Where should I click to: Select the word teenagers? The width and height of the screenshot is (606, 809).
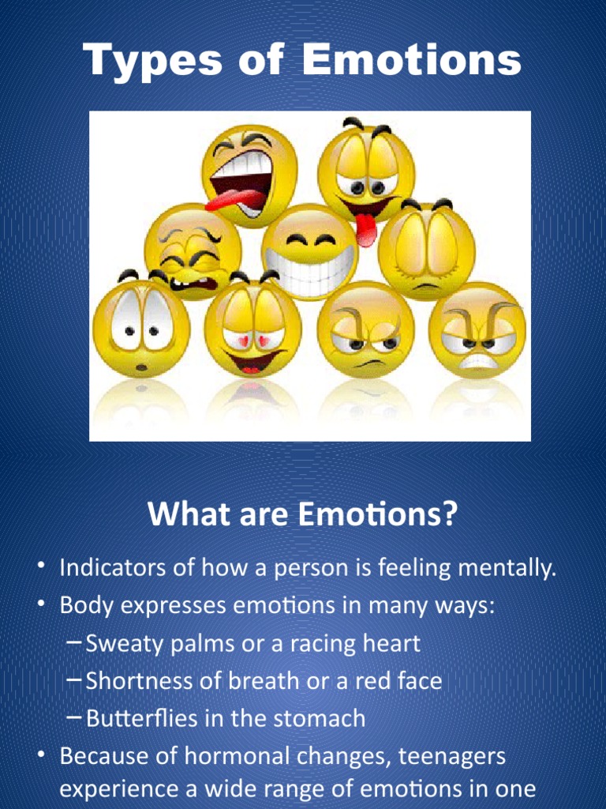[452, 757]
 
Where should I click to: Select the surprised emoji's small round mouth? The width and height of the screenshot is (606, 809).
[141, 367]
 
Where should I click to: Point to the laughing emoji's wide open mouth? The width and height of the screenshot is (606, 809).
[241, 183]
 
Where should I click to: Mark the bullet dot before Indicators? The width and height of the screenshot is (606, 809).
[40, 568]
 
